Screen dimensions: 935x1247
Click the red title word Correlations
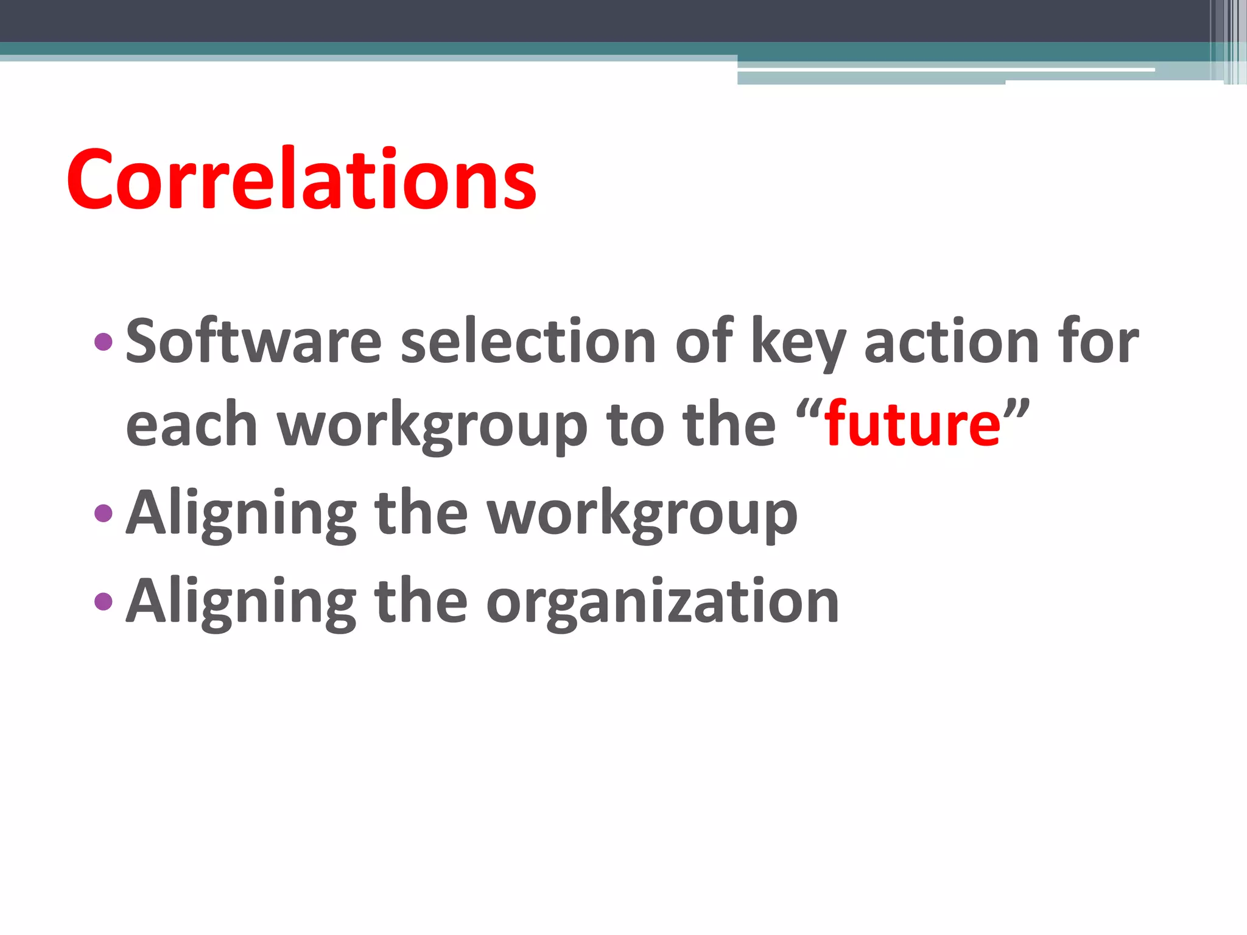point(301,180)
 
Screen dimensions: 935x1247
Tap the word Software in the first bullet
point(253,342)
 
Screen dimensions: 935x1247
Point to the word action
point(950,342)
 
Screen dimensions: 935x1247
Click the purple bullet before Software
point(104,341)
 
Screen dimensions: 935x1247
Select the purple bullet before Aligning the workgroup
point(104,513)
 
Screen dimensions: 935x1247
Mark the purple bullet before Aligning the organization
point(104,601)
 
